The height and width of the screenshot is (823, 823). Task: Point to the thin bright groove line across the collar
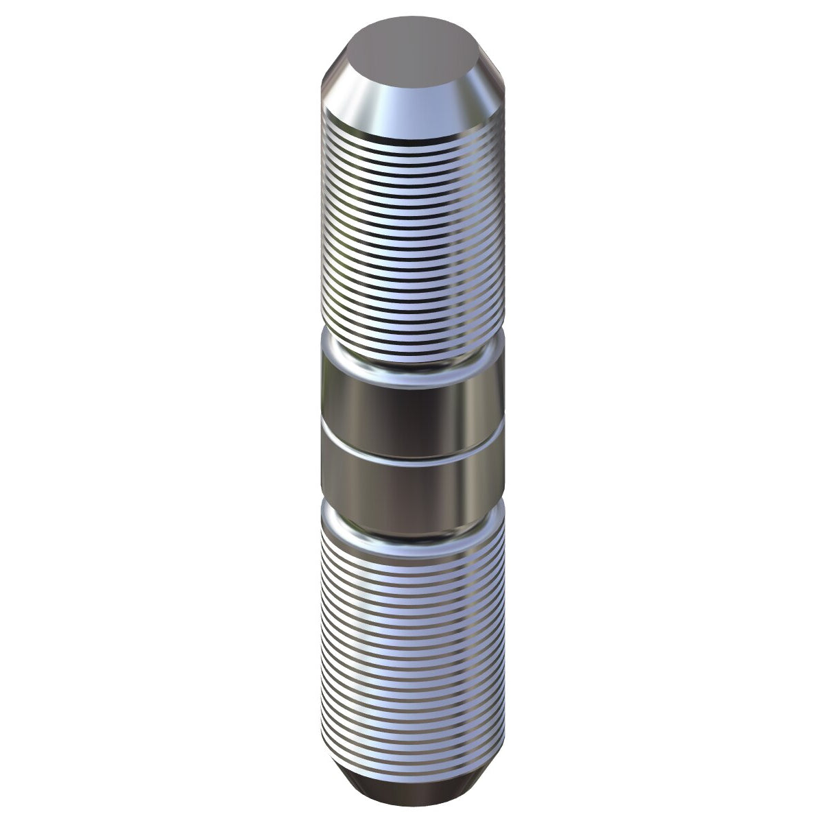click(411, 450)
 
